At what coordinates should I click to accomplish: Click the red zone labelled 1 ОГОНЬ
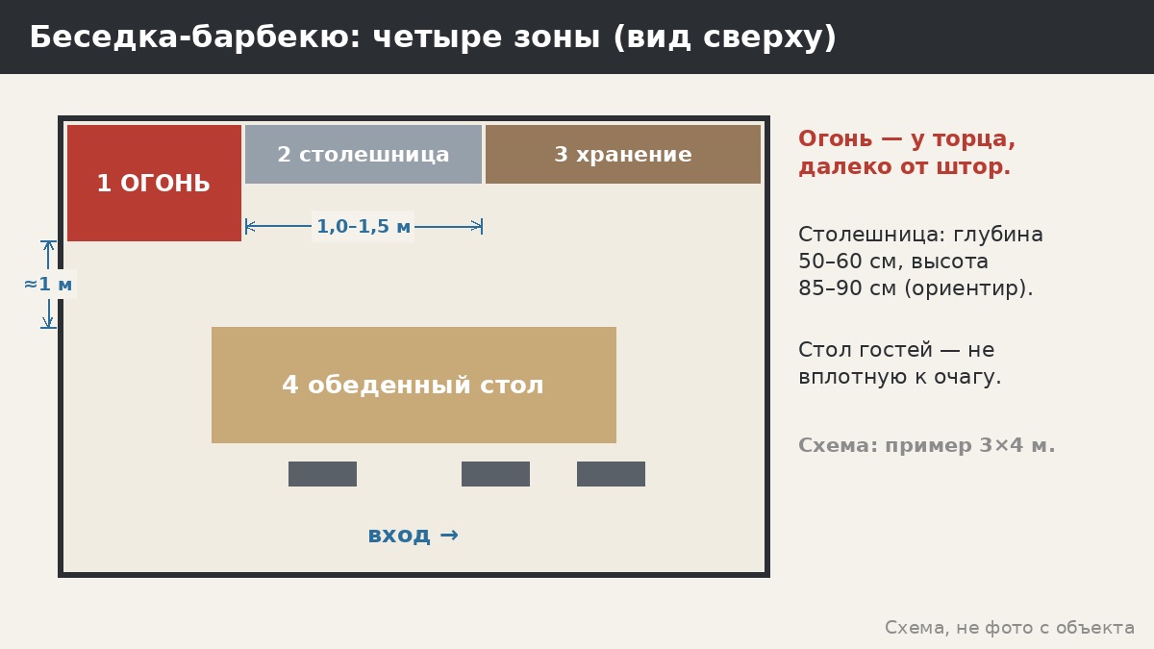[x=154, y=183]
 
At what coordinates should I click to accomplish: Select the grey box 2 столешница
[x=364, y=154]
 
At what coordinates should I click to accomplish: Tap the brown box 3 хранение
[x=623, y=154]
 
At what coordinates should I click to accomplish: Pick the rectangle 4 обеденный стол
[x=414, y=385]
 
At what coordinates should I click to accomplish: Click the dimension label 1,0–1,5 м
[x=364, y=226]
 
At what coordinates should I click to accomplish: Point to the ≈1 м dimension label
[x=48, y=284]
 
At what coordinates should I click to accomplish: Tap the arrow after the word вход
[x=449, y=536]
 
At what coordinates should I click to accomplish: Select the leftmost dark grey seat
[x=322, y=474]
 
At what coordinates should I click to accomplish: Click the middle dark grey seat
[x=495, y=474]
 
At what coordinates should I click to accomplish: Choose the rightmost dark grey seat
[x=611, y=474]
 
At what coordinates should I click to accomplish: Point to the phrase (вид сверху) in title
[x=725, y=37]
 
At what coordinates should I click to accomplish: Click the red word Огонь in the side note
[x=835, y=138]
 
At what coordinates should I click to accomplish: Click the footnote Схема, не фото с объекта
[x=1010, y=627]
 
